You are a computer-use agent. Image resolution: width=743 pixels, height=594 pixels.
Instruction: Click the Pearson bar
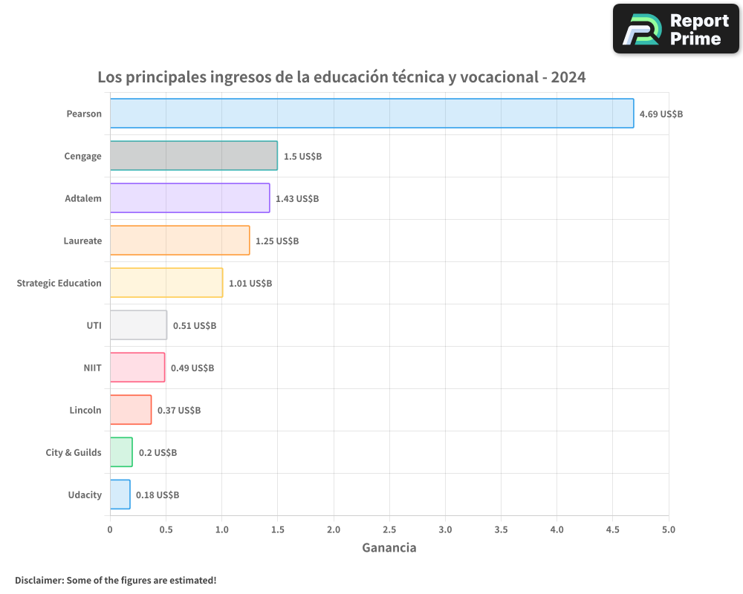tap(371, 114)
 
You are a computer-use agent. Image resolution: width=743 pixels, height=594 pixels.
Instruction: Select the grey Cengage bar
tap(193, 156)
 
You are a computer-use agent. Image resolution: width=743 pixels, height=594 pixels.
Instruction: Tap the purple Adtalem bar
tap(189, 198)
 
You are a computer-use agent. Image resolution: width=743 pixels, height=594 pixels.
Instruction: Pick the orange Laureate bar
tap(180, 241)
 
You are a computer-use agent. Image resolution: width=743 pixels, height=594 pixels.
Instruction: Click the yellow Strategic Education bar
tap(166, 283)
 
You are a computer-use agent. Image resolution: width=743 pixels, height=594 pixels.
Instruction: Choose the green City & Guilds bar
tap(121, 452)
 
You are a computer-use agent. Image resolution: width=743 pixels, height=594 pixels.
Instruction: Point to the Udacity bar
tap(120, 495)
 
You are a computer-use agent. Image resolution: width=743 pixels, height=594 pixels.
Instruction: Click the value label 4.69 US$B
tap(661, 114)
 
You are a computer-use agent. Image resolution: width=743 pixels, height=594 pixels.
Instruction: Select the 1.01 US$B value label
tap(250, 284)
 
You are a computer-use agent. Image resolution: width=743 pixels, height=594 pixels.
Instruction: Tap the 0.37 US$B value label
tap(179, 411)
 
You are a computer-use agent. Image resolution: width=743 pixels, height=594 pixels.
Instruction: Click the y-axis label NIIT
tap(92, 368)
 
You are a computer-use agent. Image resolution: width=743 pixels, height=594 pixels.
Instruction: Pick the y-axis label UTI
tap(94, 325)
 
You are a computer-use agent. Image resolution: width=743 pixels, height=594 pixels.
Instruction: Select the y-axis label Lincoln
tap(85, 410)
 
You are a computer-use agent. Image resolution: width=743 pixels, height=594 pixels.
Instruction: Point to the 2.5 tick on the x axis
tap(389, 529)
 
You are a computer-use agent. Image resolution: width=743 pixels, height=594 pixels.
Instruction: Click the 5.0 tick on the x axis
tap(669, 529)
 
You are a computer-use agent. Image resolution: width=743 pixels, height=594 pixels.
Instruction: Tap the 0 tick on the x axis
tap(110, 529)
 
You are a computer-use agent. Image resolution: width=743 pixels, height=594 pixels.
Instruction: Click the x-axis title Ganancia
tap(389, 548)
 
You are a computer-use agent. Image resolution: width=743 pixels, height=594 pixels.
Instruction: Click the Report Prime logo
tap(676, 29)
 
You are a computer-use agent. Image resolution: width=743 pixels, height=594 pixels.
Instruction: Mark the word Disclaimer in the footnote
tap(39, 580)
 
